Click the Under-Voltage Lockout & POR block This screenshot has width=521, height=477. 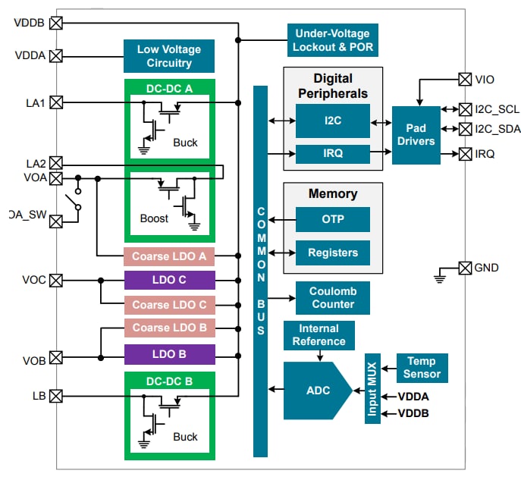[x=332, y=39]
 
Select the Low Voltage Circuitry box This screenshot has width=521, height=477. [x=169, y=56]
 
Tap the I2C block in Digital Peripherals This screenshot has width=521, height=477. [x=332, y=121]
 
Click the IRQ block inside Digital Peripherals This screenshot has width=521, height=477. [x=332, y=153]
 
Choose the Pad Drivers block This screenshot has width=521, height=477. [x=416, y=135]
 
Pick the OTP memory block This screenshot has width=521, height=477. [x=332, y=219]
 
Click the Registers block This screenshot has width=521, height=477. [x=332, y=253]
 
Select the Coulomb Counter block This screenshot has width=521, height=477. [x=332, y=297]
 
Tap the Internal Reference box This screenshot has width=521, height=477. [x=318, y=334]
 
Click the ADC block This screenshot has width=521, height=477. [x=315, y=390]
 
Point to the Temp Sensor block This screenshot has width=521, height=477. [x=422, y=368]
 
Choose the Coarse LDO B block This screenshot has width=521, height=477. [x=169, y=328]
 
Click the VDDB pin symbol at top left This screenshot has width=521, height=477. [x=56, y=23]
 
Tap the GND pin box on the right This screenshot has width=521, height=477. [x=464, y=268]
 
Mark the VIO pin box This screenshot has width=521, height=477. [x=465, y=79]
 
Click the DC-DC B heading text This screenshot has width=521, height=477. [x=169, y=381]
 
